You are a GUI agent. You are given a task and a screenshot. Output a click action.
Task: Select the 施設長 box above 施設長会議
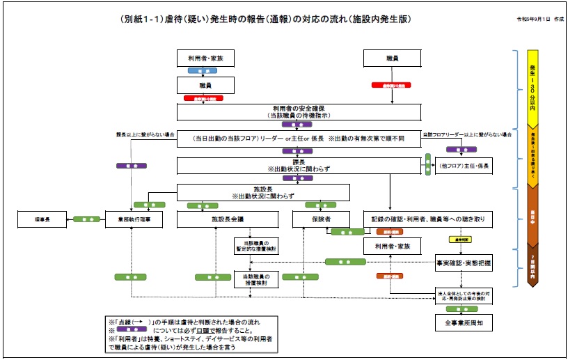[x=262, y=192]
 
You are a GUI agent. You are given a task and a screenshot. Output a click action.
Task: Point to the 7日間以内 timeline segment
[x=532, y=268]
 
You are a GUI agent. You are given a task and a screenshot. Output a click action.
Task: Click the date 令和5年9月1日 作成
[x=539, y=19]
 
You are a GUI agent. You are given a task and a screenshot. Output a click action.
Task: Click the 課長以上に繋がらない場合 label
[x=145, y=134]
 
